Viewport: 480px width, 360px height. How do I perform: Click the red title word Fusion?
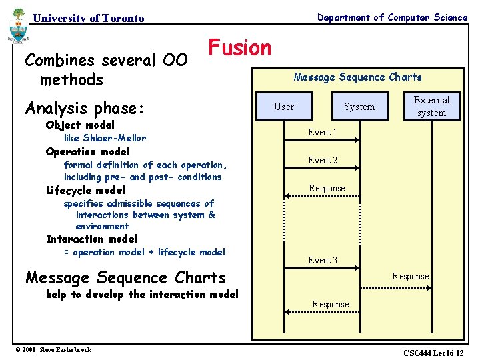(x=240, y=48)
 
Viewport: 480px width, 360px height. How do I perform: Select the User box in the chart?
(x=284, y=107)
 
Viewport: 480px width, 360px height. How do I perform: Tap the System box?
(x=359, y=107)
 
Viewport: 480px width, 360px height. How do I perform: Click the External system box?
(x=431, y=107)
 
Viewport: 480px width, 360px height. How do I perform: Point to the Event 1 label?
(x=322, y=132)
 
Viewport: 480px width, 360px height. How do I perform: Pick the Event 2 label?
(x=322, y=160)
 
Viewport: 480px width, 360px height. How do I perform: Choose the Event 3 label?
(x=322, y=260)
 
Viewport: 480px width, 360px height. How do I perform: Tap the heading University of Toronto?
(x=88, y=19)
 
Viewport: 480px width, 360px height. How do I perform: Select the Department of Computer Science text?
(x=392, y=17)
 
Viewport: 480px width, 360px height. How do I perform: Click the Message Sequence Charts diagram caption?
(x=357, y=77)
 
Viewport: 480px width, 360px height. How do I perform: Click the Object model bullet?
(x=80, y=125)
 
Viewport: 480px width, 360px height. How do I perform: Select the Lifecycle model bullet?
(x=85, y=190)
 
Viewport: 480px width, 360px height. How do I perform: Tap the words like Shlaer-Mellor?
(x=104, y=138)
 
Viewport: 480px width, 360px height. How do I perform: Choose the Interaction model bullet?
(x=91, y=239)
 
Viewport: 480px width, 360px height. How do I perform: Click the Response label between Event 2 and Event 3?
(x=327, y=188)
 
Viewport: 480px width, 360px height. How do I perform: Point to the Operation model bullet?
(x=87, y=151)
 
